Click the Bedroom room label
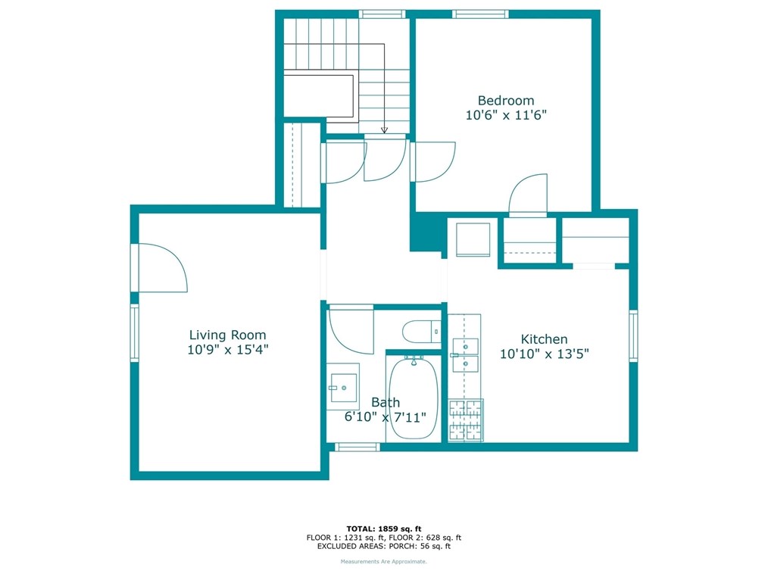coord(506,101)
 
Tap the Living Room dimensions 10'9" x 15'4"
coord(228,350)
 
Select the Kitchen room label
coord(544,339)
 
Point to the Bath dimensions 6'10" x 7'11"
coord(385,417)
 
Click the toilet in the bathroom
coord(421,332)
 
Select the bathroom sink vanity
coord(343,386)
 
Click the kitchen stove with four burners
coord(466,420)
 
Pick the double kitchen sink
coord(465,355)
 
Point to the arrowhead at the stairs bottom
coord(385,130)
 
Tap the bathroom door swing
coord(351,329)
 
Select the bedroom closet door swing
coord(528,195)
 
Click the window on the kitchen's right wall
coord(633,336)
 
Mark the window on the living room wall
coord(134,332)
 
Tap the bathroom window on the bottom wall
coord(357,447)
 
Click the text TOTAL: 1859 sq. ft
coord(384,529)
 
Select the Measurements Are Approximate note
coord(384,562)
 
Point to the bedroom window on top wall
coord(480,14)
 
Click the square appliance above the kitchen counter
coord(473,239)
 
